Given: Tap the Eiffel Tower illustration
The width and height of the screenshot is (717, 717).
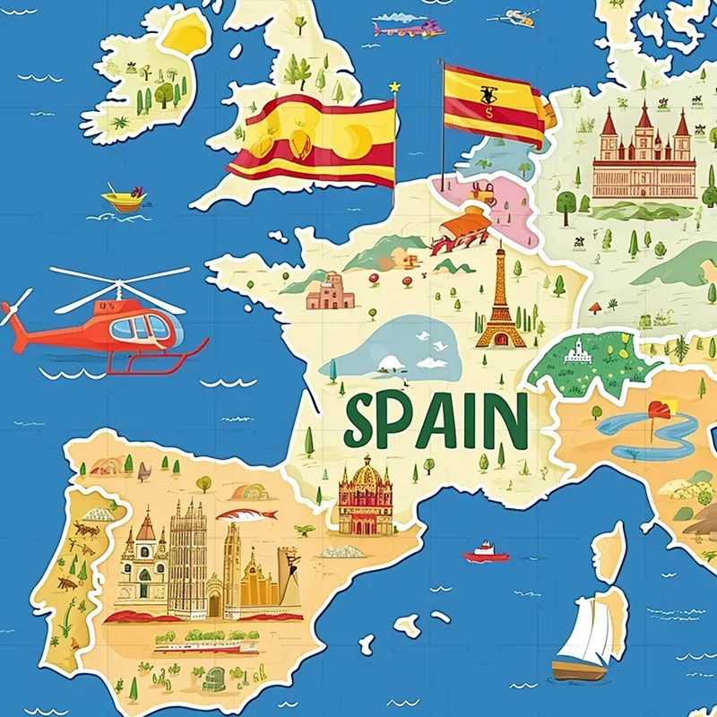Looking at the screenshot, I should (500, 300).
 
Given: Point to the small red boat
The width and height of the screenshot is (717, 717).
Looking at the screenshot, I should (486, 553).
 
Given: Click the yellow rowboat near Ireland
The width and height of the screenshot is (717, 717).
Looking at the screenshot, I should (124, 199).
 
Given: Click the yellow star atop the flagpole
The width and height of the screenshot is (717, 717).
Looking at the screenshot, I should (393, 87).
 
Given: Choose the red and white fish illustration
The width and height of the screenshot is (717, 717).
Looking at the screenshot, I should (246, 514).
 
